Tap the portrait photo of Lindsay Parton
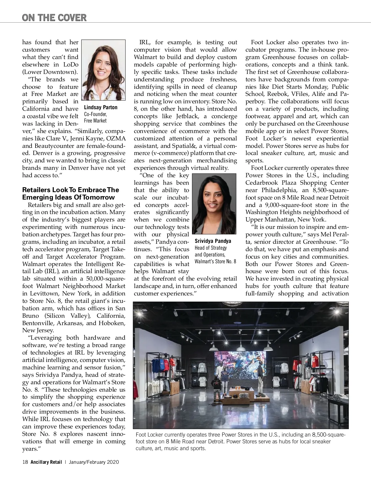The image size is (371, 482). (x=103, y=70)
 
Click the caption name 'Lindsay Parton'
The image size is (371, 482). (x=101, y=108)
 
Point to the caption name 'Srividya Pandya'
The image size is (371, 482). (x=213, y=241)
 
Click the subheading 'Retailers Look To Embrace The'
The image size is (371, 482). (x=70, y=190)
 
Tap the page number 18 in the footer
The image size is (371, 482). (x=25, y=462)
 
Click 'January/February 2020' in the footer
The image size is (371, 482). (x=94, y=462)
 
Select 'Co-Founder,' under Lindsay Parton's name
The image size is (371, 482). (x=95, y=114)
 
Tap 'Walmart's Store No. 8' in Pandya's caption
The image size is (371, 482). (x=215, y=261)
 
